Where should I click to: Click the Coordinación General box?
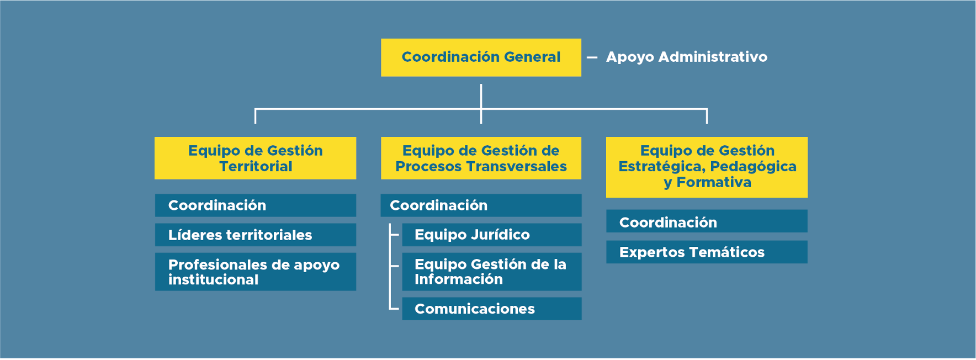coord(481,57)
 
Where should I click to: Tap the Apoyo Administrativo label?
coord(686,57)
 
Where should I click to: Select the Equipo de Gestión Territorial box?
coord(255,158)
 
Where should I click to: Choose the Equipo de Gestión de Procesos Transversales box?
coord(481,158)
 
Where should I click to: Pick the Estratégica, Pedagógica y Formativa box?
coord(707,167)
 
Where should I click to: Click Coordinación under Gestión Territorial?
coord(255,205)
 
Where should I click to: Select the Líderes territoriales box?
coord(255,235)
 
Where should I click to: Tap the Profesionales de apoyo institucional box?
coord(255,272)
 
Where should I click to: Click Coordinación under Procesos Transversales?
coord(481,205)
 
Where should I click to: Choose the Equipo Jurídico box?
coord(492,235)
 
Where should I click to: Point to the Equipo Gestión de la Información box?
coord(492,272)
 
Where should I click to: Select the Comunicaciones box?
coord(492,309)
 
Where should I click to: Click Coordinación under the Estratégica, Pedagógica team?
coord(707,221)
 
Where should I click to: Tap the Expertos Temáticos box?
coord(707,252)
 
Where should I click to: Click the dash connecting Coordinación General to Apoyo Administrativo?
coord(592,57)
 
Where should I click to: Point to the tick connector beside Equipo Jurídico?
coord(394,235)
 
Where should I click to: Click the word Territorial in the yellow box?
coord(256,166)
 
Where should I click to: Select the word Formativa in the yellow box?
coord(714,182)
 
